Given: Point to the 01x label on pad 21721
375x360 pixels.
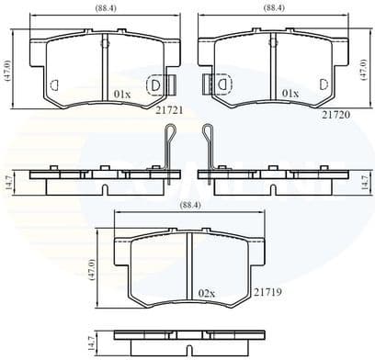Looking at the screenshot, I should tap(122, 94).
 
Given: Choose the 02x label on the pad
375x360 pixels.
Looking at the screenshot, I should tap(206, 293).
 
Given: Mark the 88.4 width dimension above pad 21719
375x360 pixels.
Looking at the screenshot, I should tap(188, 206).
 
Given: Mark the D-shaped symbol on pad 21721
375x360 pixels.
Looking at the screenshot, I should tap(155, 84).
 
